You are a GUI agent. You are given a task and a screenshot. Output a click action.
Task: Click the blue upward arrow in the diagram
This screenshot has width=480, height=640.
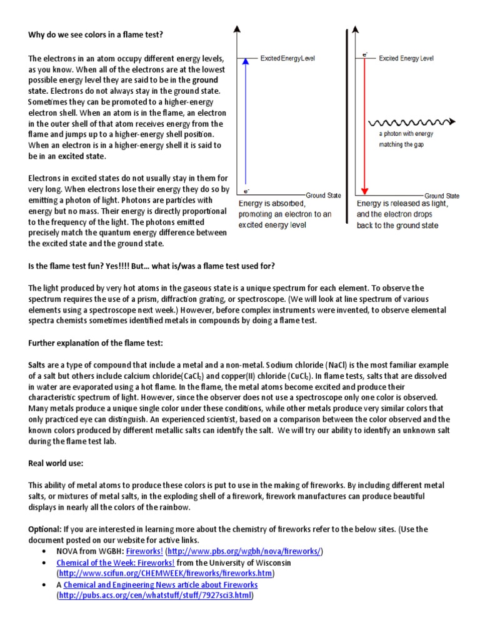[247, 125]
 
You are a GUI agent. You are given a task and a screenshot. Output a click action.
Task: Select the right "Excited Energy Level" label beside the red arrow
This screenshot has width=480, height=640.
[406, 58]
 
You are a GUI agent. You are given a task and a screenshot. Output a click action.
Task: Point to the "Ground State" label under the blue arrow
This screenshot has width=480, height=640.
[324, 196]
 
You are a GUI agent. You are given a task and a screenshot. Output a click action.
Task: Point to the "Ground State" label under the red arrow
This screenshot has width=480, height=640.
[442, 196]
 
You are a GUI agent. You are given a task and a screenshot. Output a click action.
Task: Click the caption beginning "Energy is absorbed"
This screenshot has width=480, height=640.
[285, 214]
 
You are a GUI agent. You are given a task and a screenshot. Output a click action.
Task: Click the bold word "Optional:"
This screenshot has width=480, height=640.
[45, 529]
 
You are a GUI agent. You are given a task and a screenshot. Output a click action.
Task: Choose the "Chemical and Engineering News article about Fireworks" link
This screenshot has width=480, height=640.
[161, 584]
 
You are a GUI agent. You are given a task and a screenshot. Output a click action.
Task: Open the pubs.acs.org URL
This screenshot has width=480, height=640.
[156, 596]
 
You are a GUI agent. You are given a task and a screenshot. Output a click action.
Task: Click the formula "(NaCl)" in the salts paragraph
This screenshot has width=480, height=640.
[341, 365]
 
